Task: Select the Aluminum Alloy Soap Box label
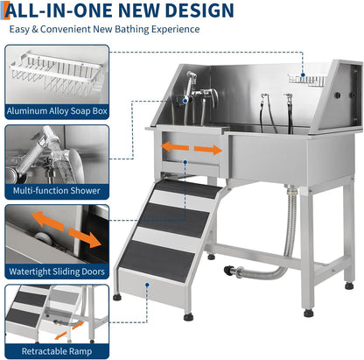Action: (x=56, y=110)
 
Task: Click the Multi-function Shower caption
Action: (x=56, y=190)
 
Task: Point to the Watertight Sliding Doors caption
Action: (x=56, y=272)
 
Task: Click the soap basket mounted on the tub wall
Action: (x=312, y=81)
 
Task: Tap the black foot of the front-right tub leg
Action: (x=310, y=312)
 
